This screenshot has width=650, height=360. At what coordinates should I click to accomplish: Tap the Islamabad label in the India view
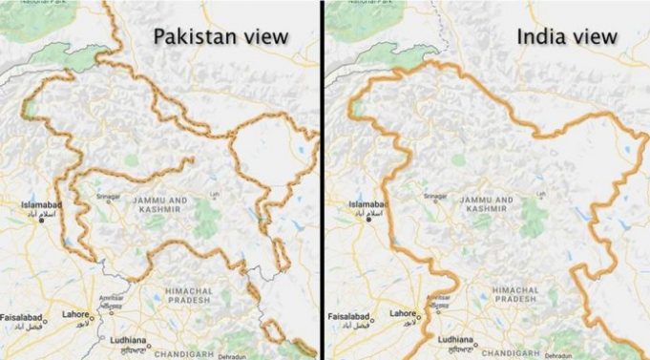368,204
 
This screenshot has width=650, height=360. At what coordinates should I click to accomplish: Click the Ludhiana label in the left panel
123,339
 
